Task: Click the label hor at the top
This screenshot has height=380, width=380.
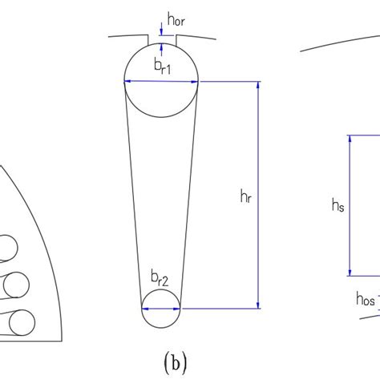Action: (176, 19)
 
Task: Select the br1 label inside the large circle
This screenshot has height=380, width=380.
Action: (162, 67)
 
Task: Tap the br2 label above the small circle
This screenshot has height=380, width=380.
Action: (160, 279)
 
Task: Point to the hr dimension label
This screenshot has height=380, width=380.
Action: (246, 196)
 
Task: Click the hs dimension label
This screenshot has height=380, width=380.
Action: (338, 205)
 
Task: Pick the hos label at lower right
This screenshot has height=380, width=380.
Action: (366, 299)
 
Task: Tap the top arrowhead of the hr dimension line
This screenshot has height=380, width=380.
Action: (258, 85)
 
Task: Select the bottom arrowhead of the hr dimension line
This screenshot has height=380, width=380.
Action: (258, 305)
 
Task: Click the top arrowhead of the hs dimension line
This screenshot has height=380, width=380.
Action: (350, 139)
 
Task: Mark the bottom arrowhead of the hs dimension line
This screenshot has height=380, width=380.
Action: (350, 273)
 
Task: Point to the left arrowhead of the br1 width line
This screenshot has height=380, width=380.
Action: (127, 81)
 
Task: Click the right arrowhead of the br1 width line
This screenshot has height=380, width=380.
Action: (195, 82)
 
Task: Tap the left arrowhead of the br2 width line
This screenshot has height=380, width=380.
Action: (145, 309)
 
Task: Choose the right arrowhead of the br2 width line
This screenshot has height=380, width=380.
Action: (176, 309)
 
